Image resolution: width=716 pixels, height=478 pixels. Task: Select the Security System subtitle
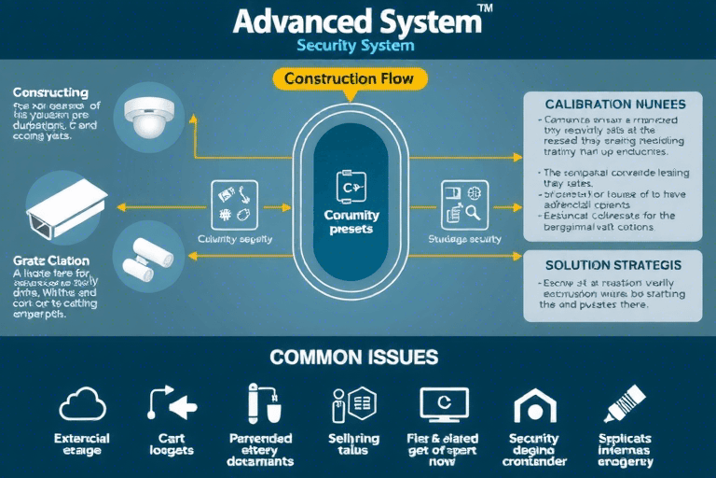[354, 45]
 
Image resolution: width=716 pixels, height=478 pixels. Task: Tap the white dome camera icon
[149, 116]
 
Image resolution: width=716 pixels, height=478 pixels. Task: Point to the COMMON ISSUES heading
[354, 358]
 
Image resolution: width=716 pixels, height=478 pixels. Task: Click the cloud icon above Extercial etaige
[82, 404]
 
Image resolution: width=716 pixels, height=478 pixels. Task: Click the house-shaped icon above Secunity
[533, 405]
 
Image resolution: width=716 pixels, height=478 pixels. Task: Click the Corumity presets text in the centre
[351, 222]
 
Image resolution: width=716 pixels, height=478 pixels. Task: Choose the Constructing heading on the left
[51, 93]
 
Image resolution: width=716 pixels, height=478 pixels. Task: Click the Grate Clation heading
[51, 260]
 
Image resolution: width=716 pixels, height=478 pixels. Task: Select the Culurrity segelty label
[235, 240]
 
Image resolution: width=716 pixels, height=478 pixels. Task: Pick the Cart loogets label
[172, 444]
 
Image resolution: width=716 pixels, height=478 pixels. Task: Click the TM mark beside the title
[487, 7]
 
